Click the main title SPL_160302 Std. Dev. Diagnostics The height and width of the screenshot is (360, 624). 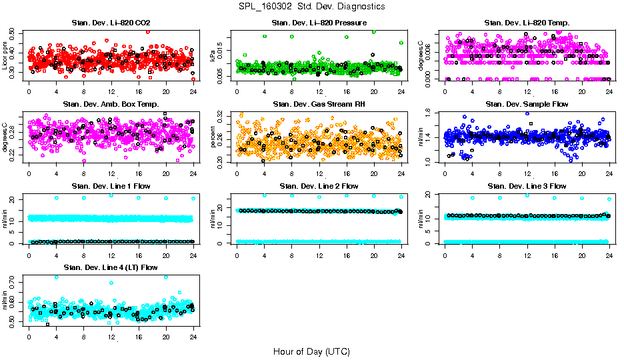click(x=311, y=6)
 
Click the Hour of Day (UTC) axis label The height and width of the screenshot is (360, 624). click(x=311, y=351)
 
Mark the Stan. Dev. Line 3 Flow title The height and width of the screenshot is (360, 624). click(x=527, y=186)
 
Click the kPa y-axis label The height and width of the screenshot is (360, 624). click(x=213, y=56)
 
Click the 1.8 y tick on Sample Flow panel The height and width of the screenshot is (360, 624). click(x=432, y=113)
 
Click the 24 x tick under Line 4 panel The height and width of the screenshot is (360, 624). click(x=193, y=334)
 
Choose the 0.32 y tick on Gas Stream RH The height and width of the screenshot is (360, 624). click(x=224, y=116)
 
